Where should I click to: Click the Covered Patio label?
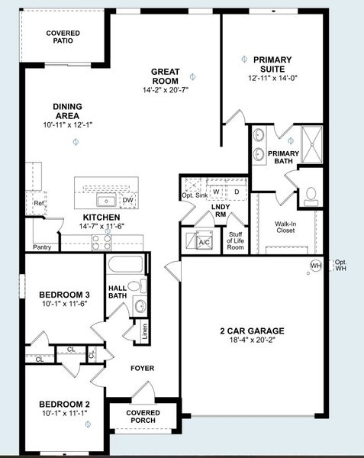coord(63,37)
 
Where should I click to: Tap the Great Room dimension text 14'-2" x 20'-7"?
coord(166,90)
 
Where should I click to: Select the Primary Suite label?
coord(272,64)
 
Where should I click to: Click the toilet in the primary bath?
coord(311,197)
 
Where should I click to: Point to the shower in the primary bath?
coord(312,144)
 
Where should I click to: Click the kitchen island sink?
coord(107,201)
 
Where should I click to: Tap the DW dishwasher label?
coord(127,200)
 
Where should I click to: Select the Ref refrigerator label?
coord(38,203)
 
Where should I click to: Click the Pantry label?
coord(42,247)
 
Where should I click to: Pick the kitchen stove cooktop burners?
coord(101,243)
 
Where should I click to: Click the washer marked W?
coord(216,192)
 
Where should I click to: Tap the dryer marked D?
coord(237,192)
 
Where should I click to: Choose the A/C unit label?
coord(204,242)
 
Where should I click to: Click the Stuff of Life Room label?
coord(235,240)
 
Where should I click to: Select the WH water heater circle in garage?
coord(316,266)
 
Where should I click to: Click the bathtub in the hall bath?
coord(126,264)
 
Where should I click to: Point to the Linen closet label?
coord(144,331)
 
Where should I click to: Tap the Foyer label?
coord(143,368)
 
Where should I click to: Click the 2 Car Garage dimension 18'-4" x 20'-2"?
coord(252,340)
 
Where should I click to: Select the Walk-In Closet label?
coord(285,227)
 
